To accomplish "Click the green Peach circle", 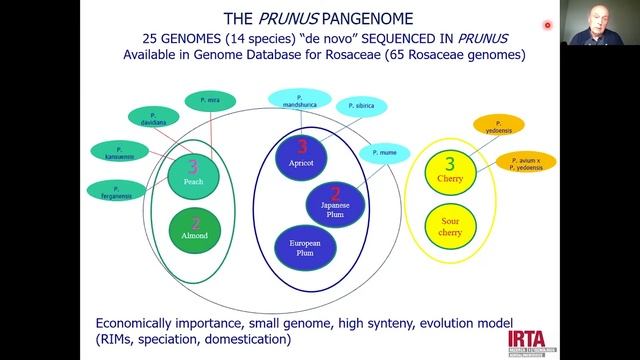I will (194, 175).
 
